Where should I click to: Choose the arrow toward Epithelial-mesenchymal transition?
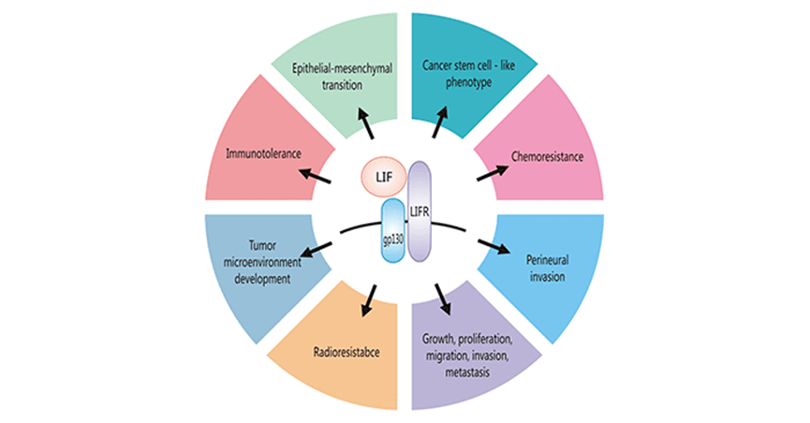click(368, 124)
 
